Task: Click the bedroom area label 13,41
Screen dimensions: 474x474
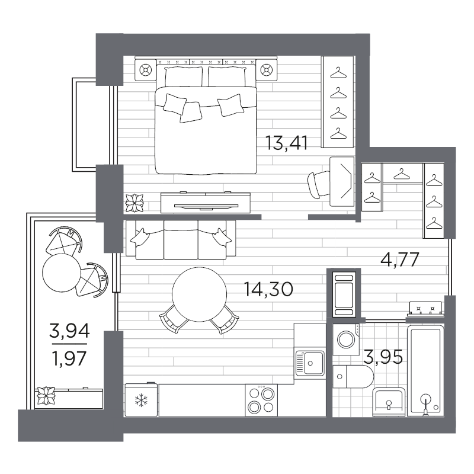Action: coord(287,143)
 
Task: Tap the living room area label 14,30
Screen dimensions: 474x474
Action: coord(268,289)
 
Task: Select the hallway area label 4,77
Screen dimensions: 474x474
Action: coord(399,260)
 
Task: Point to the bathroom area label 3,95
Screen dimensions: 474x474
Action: coord(383,357)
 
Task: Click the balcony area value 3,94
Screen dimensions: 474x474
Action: coord(69,331)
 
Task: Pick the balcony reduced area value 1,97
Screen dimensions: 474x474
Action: coord(69,358)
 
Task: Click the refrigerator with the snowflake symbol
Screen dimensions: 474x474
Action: coord(141,400)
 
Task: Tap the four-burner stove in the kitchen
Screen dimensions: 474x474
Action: coord(261,401)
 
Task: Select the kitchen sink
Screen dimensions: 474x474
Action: coord(310,363)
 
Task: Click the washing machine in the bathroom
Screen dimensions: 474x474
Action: coord(347,339)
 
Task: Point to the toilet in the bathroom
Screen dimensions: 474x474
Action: coord(353,377)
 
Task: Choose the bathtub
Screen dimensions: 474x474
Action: coord(425,371)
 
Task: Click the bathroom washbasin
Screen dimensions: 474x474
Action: coord(389,402)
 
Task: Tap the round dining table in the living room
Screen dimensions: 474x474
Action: coord(199,294)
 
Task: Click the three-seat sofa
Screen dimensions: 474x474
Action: coord(181,239)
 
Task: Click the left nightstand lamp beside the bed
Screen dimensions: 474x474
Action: coord(145,70)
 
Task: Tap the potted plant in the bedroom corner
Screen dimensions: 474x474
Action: coord(134,203)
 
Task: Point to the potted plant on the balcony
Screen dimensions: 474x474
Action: coord(46,396)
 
